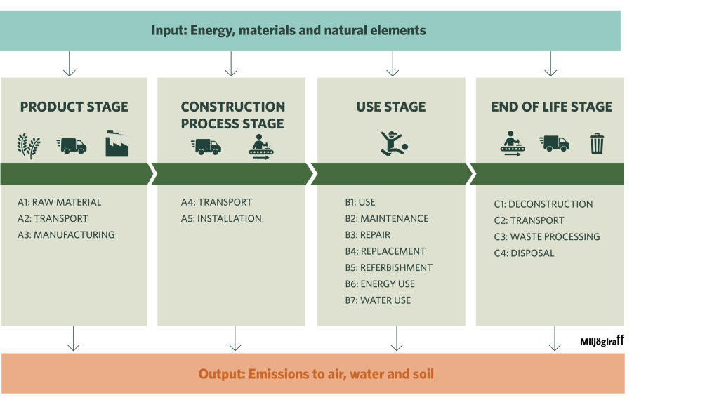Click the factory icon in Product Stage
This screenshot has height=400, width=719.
[x=117, y=143]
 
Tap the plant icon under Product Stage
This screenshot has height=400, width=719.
[x=29, y=146]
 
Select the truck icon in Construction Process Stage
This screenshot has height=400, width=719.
[x=206, y=147]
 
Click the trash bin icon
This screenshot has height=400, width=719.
[x=597, y=144]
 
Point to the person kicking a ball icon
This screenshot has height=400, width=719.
[x=394, y=143]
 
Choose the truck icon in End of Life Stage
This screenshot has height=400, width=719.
[x=554, y=143]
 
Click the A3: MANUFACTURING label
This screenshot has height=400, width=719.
[x=66, y=234]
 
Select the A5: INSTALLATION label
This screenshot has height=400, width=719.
[x=221, y=218]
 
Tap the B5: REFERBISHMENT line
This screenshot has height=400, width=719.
[x=389, y=267]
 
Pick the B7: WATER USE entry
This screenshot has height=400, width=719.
[x=378, y=300]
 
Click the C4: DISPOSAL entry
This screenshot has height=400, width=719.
[x=524, y=253]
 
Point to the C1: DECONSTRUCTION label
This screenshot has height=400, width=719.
[x=543, y=204]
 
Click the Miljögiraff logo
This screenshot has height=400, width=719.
[x=602, y=341]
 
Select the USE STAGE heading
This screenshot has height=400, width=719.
[x=391, y=107]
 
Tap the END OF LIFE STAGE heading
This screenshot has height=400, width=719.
[x=552, y=107]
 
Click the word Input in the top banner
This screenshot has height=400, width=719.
[x=169, y=31]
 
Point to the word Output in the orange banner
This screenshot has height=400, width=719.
[x=221, y=374]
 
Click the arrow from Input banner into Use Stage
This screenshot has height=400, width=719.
[x=393, y=64]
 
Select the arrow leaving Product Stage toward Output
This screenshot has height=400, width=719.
[x=73, y=339]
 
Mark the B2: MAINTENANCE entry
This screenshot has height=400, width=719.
[x=387, y=218]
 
